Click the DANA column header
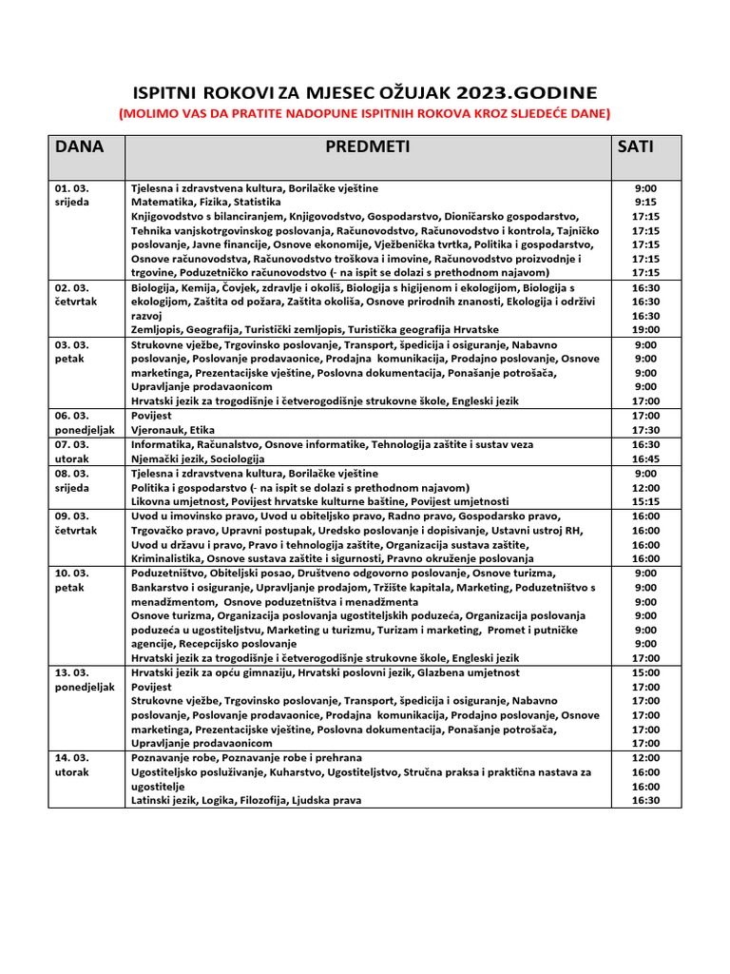80,146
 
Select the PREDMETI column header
367,146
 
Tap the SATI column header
636,146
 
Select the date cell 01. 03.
69,188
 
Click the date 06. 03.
69,416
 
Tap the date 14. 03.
69,758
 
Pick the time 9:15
645,203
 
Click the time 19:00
645,330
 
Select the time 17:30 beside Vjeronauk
645,430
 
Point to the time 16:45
645,458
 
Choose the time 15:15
645,501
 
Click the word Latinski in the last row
153,801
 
